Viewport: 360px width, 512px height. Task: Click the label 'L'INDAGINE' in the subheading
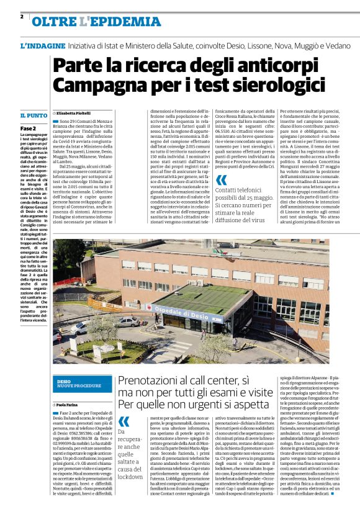tap(42, 45)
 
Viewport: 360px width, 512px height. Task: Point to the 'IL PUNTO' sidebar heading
tap(33, 116)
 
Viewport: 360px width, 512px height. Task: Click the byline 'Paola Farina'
tap(68, 404)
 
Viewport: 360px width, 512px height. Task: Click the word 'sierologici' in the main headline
tap(278, 83)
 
